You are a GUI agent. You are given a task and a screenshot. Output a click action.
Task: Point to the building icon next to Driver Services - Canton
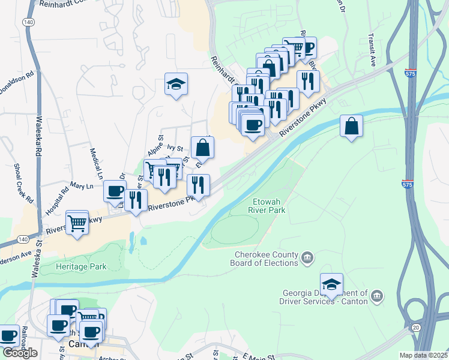(x=376, y=296)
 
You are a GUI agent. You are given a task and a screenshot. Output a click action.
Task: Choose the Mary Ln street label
(x=82, y=186)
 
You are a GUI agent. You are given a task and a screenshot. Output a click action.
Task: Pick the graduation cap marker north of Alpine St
(x=176, y=85)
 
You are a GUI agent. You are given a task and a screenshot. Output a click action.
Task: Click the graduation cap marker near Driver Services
(x=331, y=284)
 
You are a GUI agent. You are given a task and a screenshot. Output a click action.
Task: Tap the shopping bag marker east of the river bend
(x=352, y=127)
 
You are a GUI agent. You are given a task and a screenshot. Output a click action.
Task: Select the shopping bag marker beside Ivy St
(x=203, y=148)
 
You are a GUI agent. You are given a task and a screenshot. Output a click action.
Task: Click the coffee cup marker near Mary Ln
(x=114, y=191)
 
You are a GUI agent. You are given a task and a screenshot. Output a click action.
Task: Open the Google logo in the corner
(x=20, y=353)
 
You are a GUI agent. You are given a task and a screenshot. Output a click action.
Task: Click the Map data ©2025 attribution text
(x=423, y=355)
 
